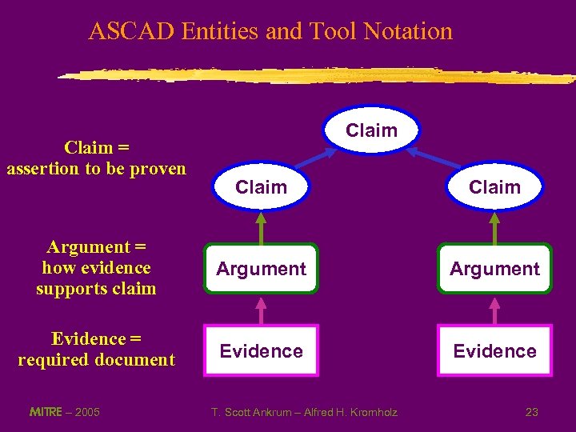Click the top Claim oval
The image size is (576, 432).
[372, 130]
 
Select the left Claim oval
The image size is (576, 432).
[261, 187]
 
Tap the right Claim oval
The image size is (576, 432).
[494, 187]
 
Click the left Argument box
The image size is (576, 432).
[261, 269]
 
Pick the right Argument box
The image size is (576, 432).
[494, 269]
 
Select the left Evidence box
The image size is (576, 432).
[261, 350]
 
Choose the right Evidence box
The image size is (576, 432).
[494, 350]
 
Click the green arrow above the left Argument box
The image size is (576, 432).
[261, 226]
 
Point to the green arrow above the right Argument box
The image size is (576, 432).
[494, 226]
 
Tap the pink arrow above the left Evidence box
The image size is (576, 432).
[261, 310]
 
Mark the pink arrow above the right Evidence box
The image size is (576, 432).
[494, 310]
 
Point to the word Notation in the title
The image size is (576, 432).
[408, 31]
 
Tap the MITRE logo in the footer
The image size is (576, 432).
[45, 412]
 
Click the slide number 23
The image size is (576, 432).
[531, 412]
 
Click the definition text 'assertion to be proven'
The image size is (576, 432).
[96, 168]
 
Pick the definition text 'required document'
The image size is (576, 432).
[96, 360]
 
